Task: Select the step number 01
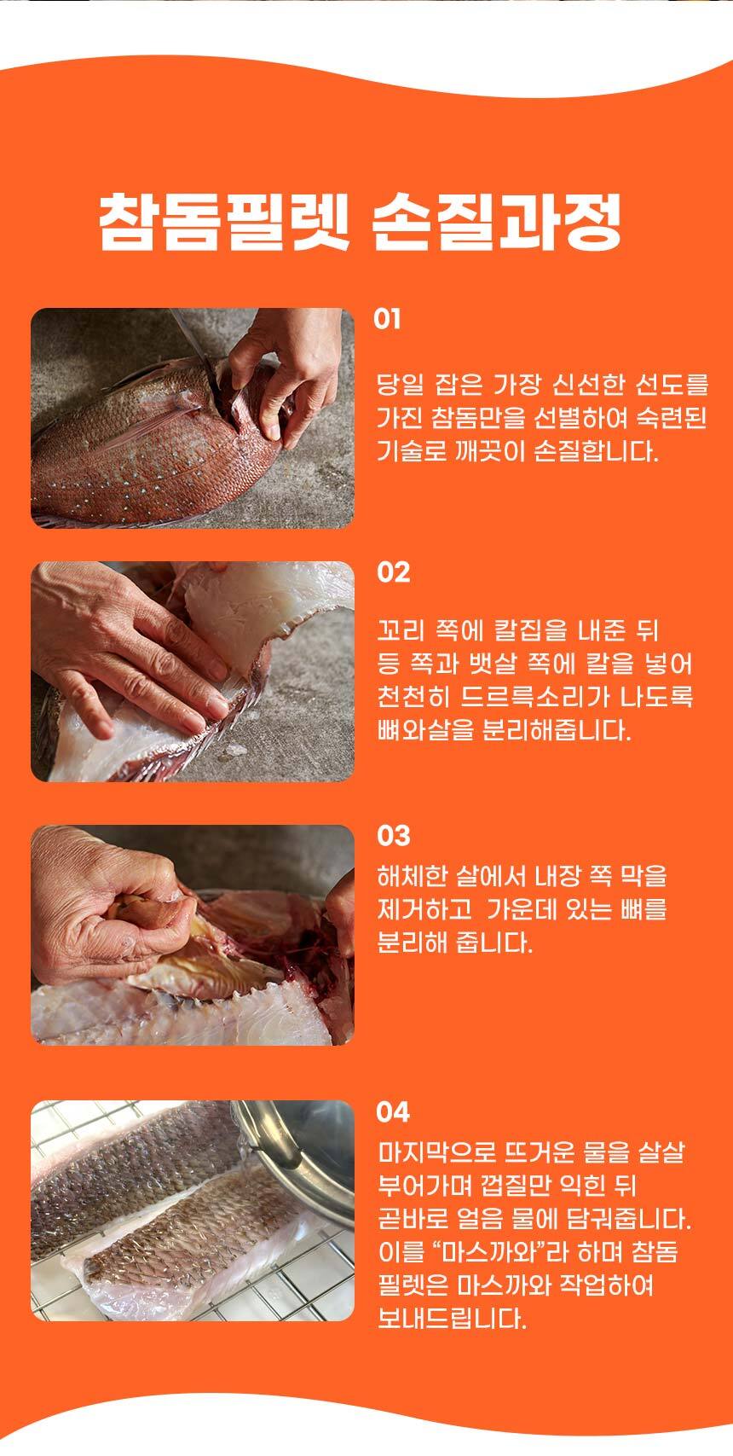[x=387, y=319]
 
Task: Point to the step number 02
[x=394, y=572]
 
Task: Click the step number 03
[x=394, y=836]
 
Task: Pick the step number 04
[x=393, y=1112]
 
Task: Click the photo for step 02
[x=193, y=671]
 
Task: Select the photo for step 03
[x=193, y=935]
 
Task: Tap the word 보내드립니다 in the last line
[x=452, y=1319]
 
